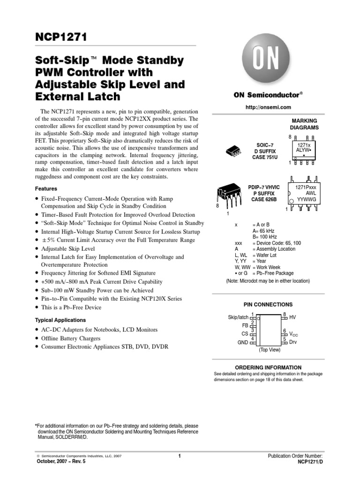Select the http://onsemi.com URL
[265, 108]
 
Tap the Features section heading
[46, 188]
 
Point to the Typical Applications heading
[60, 320]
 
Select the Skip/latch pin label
[238, 317]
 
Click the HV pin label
[293, 317]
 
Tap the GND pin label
[243, 343]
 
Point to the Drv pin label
[293, 342]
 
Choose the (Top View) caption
[269, 350]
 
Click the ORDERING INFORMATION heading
[268, 367]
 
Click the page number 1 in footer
[180, 456]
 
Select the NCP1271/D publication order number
[310, 462]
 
